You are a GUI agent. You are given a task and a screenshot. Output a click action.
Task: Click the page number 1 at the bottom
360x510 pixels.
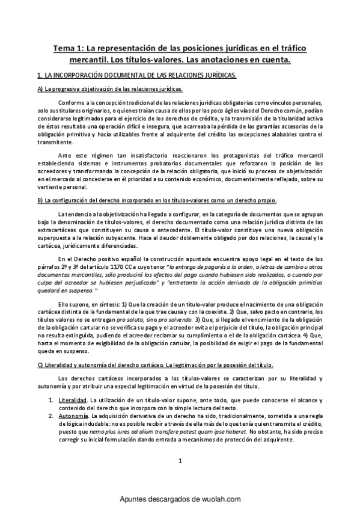pyautogui.click(x=180, y=478)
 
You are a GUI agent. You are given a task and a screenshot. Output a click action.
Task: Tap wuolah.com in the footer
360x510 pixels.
pyautogui.click(x=222, y=499)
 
